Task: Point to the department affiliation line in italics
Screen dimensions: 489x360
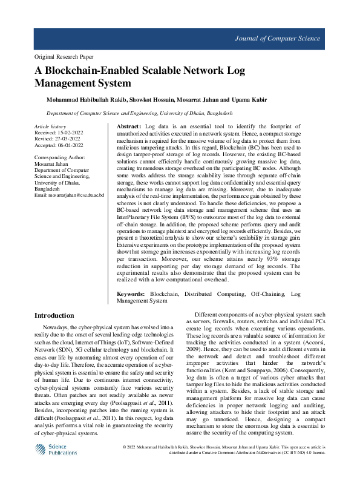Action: coord(139,113)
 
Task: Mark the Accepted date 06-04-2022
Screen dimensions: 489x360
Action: coord(70,145)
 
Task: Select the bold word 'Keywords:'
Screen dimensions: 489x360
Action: coord(131,293)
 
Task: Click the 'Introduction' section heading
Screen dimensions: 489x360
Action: coord(54,315)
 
